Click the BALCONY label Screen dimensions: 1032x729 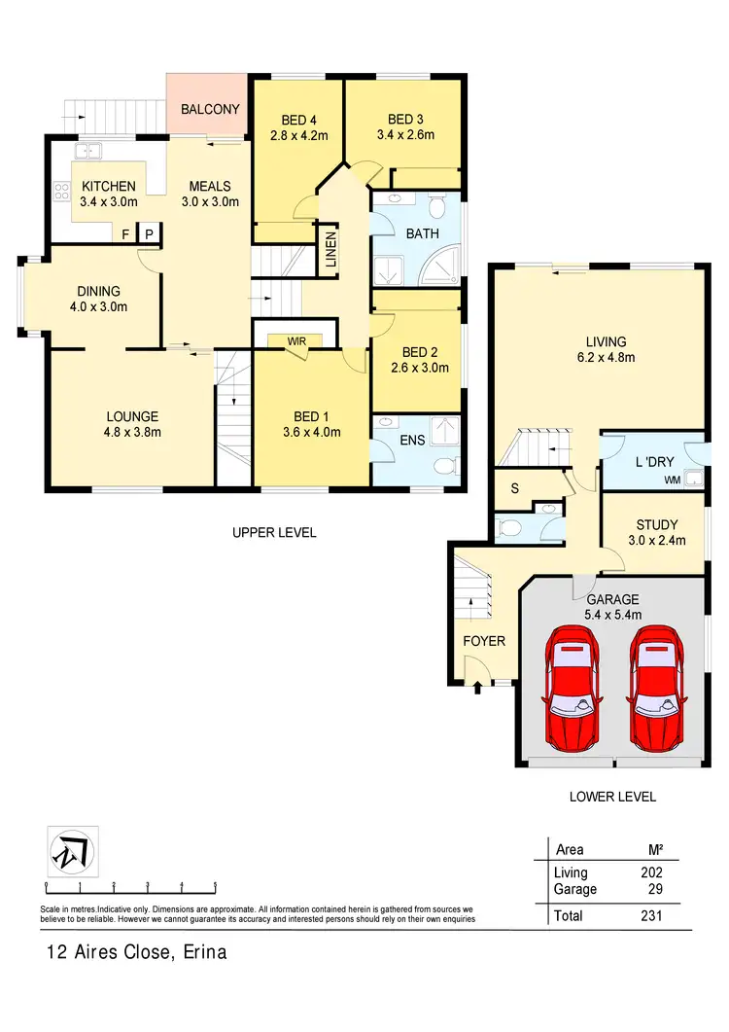click(210, 110)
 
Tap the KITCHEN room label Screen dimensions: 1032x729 click(108, 187)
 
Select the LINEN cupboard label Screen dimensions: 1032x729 click(330, 249)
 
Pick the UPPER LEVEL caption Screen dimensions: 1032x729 click(274, 533)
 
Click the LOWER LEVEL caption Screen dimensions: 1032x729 click(612, 797)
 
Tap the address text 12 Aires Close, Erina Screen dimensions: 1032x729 click(136, 952)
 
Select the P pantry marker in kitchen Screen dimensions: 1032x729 click(149, 234)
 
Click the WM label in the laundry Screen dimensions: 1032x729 click(671, 480)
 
